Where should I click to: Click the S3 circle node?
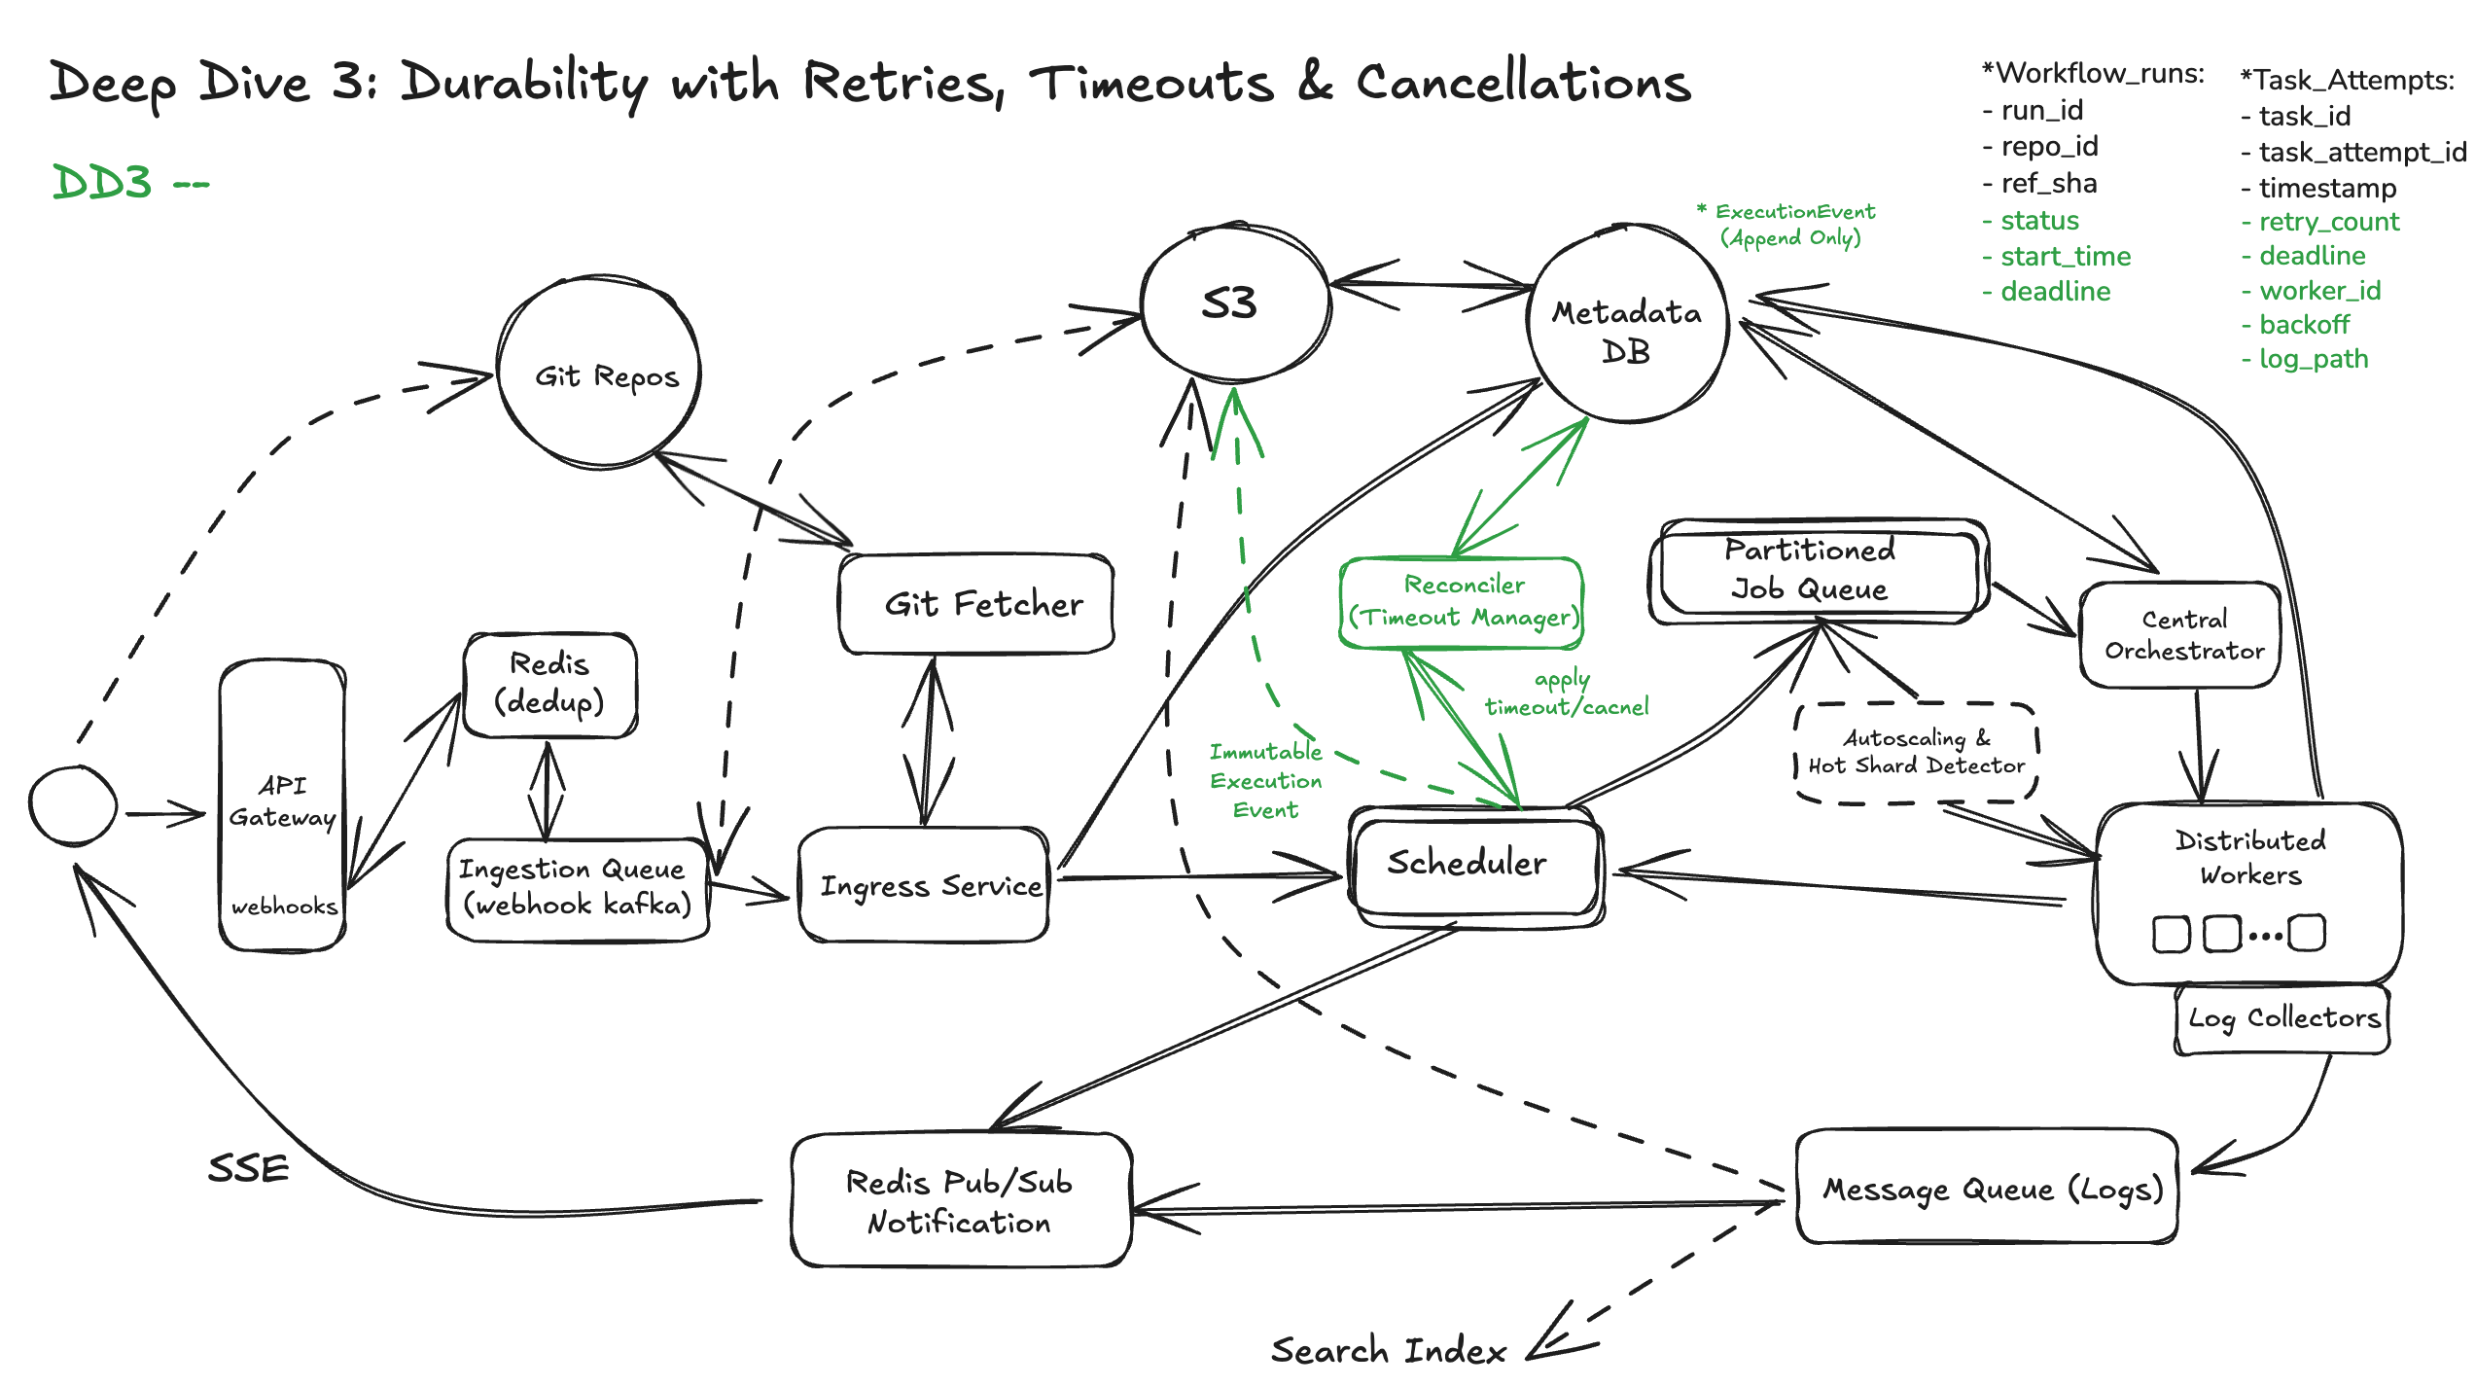point(1233,303)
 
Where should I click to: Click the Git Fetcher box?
point(976,604)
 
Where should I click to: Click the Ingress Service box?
point(924,885)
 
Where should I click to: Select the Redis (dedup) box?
point(550,684)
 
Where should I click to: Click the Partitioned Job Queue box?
point(1815,571)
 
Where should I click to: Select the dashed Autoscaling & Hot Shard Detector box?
point(1915,753)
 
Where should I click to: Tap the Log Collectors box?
point(2281,1018)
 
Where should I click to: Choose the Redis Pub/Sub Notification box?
point(961,1201)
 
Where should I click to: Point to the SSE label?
point(249,1168)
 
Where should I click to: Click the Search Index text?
point(1388,1350)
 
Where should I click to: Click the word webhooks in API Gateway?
point(284,907)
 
